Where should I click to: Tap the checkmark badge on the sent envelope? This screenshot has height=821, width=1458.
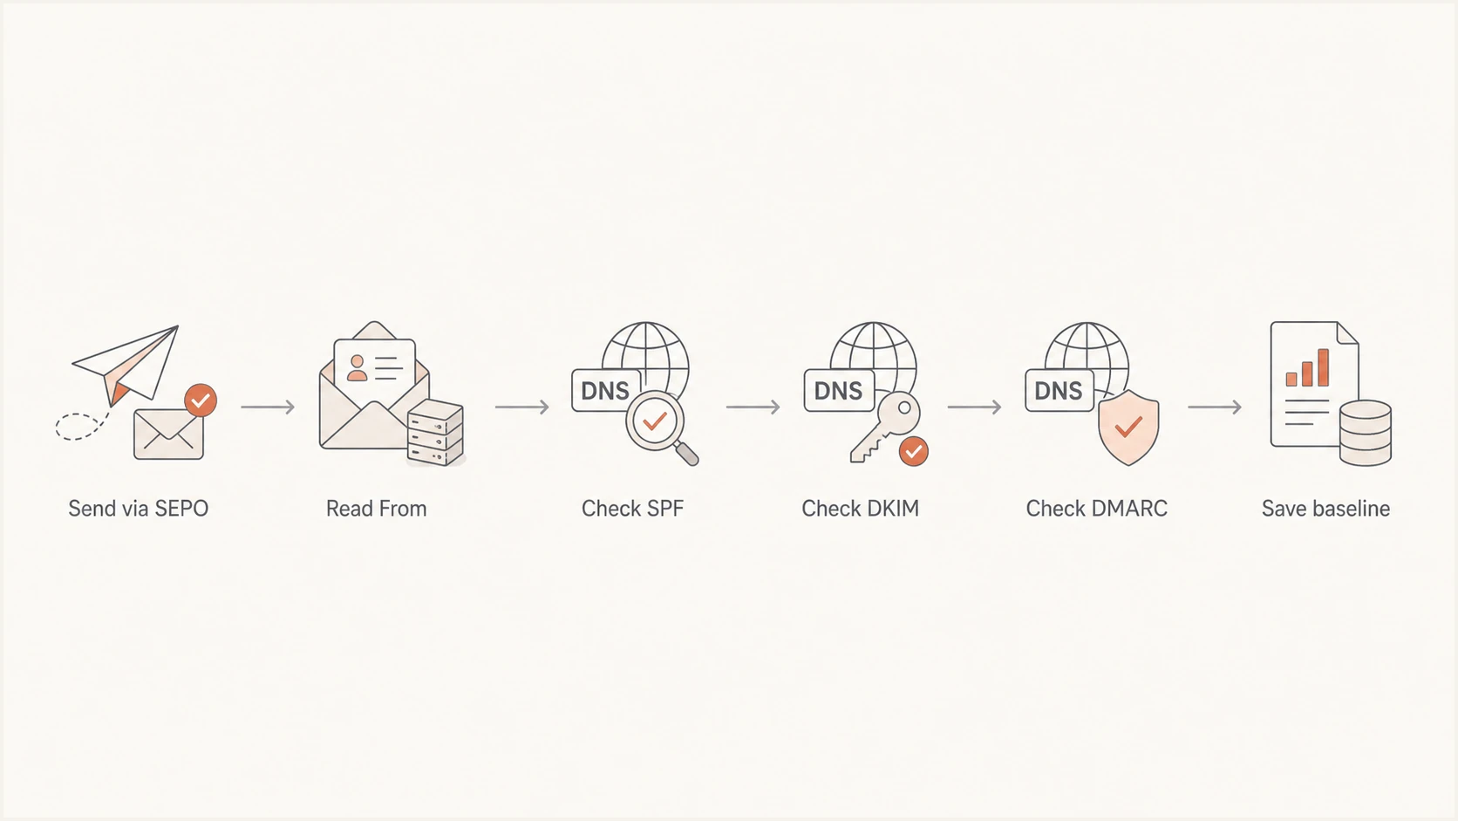(201, 400)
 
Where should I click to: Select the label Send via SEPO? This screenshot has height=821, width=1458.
(139, 509)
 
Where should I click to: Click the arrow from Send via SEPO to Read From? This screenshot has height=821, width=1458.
(268, 407)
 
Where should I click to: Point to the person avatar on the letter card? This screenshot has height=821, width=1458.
(357, 368)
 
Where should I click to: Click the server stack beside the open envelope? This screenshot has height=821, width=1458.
(435, 432)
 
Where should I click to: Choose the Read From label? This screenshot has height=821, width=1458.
(376, 509)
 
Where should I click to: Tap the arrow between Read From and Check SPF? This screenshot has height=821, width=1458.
(522, 407)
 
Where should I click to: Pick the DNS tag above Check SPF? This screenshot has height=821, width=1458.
(605, 391)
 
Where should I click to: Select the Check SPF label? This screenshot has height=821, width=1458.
(633, 509)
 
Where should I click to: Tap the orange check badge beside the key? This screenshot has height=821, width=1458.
(914, 451)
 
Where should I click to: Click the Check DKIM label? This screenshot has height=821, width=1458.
(861, 509)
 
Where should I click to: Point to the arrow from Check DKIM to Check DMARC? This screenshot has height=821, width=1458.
(974, 407)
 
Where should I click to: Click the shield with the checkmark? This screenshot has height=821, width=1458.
(1128, 428)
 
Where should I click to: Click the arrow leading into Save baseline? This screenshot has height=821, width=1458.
(1215, 407)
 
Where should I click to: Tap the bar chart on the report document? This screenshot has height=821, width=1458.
(1307, 368)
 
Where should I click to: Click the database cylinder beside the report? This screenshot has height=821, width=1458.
(1366, 432)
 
